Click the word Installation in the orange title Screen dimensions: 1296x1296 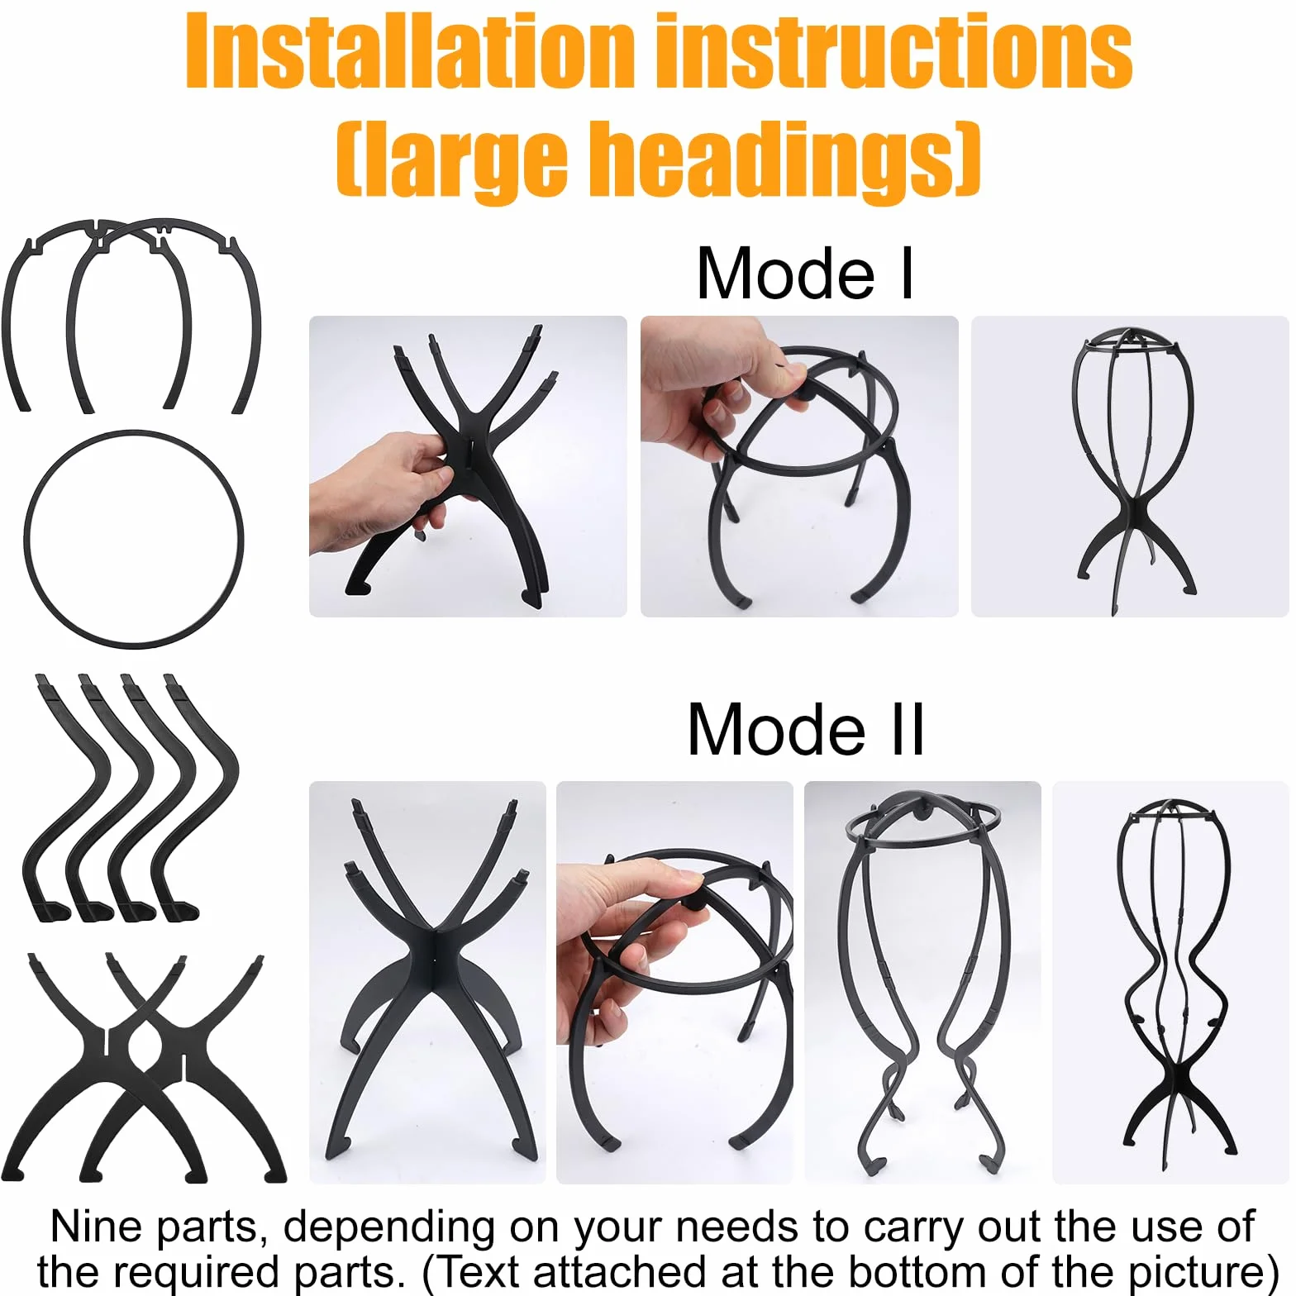coord(410,51)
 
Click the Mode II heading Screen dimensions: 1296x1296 coord(806,729)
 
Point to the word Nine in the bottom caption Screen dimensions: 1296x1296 coord(98,1226)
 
